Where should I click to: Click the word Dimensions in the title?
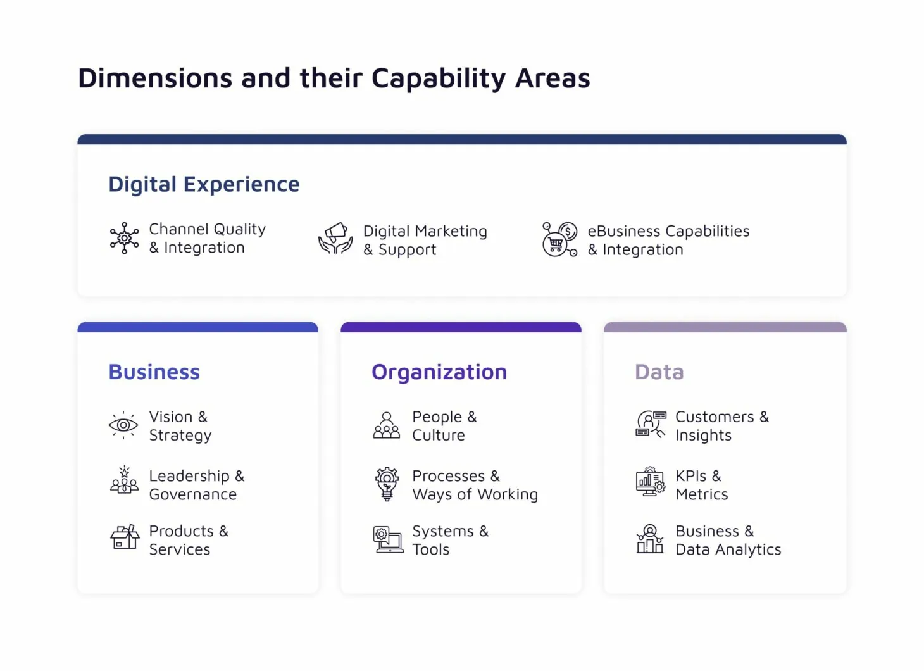coord(155,78)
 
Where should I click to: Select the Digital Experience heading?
coord(204,184)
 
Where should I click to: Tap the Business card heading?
coord(154,372)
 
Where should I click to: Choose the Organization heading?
coord(439,373)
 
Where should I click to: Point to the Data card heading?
coord(659,372)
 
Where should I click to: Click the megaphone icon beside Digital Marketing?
coord(335,238)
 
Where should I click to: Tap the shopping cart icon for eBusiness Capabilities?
coord(559,239)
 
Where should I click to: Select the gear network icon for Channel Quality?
coord(124,238)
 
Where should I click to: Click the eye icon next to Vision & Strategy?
coord(123,425)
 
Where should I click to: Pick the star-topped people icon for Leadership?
coord(124,480)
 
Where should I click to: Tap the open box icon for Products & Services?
coord(125,536)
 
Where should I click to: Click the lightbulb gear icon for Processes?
coord(387,484)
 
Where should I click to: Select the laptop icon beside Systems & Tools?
coord(388,539)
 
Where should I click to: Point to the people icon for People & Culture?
coord(387,425)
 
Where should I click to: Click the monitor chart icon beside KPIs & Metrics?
coord(651,482)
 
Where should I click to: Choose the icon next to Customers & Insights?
coord(651,424)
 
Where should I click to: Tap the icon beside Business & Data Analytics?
coord(650,539)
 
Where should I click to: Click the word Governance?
coord(193,494)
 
